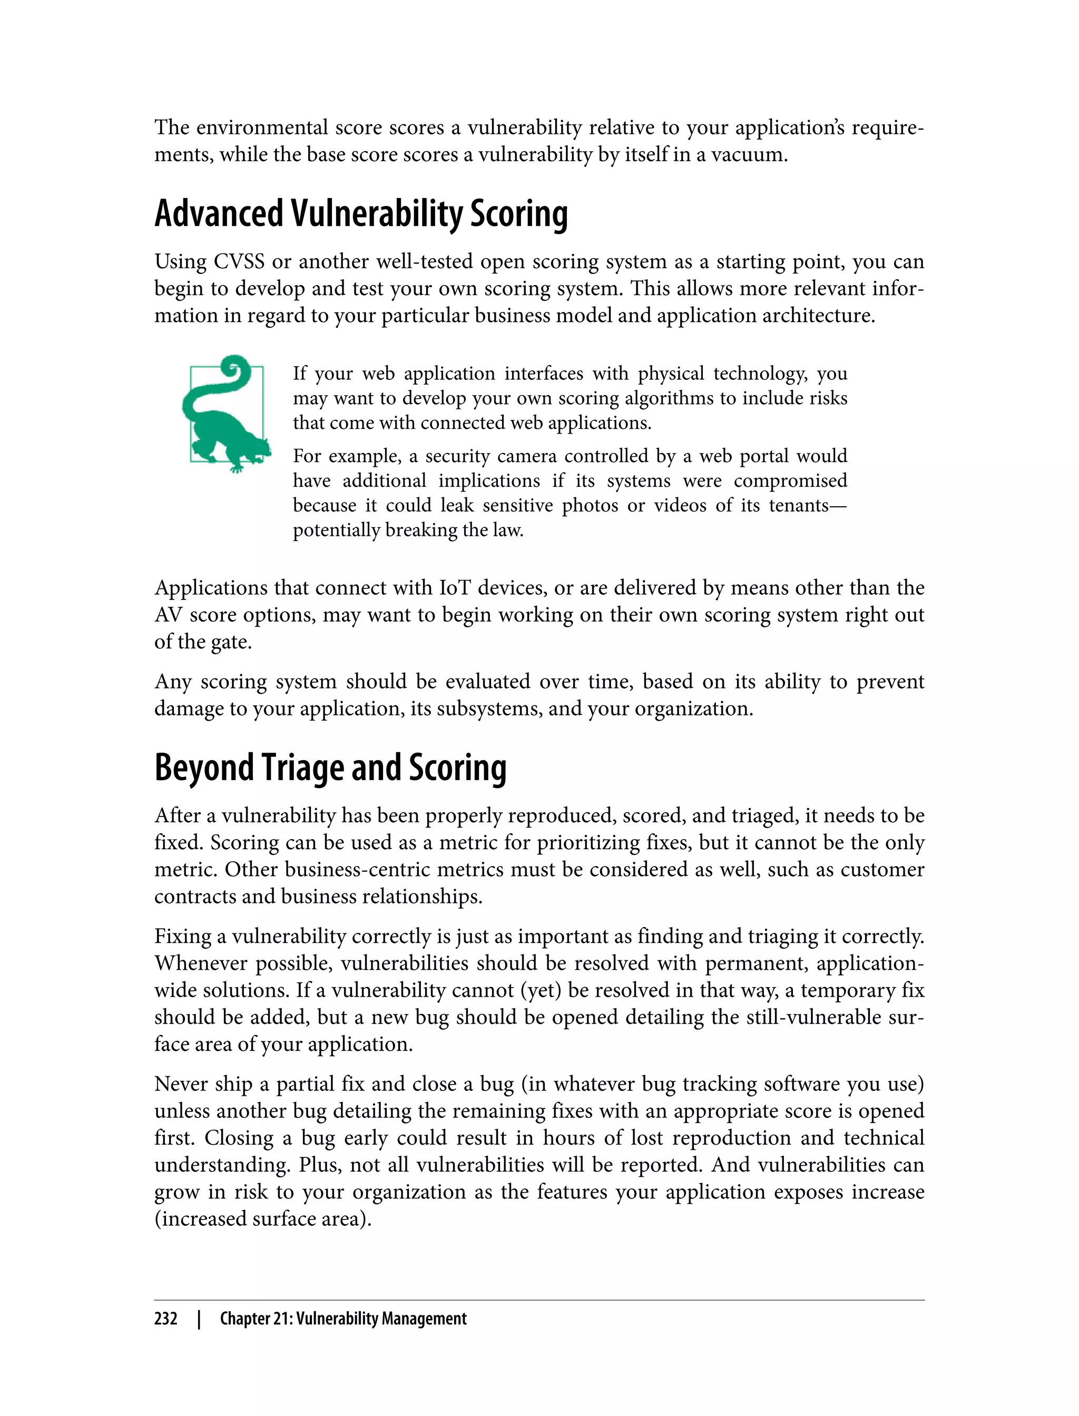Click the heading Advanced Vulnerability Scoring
click(361, 214)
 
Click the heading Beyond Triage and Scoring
click(330, 768)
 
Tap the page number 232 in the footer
click(166, 1319)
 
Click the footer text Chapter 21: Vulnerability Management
click(343, 1319)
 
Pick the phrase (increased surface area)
click(263, 1219)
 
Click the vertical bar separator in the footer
click(199, 1319)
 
